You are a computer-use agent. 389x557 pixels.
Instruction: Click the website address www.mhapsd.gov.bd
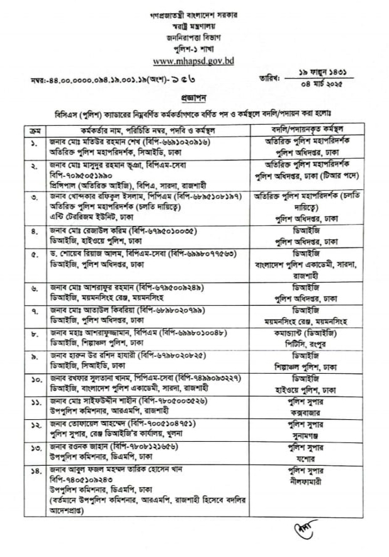tap(194, 62)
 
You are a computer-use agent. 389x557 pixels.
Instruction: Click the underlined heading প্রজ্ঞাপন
tap(194, 99)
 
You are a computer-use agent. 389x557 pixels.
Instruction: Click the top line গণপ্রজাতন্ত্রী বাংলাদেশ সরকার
tap(194, 13)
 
